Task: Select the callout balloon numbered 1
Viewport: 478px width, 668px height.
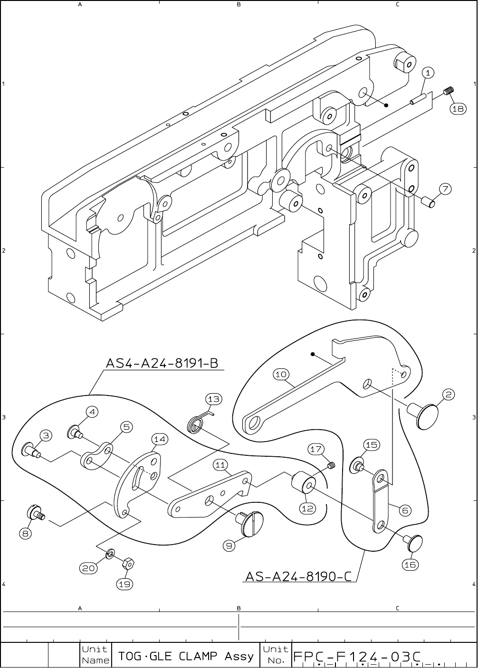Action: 428,73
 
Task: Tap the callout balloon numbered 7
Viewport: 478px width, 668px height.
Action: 444,189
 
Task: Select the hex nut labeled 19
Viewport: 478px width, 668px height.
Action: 127,564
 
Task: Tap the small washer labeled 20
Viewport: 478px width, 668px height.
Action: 110,554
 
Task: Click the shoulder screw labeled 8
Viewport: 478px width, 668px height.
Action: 36,514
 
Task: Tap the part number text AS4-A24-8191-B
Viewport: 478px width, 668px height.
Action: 162,363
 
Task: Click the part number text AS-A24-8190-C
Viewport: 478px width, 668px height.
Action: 298,576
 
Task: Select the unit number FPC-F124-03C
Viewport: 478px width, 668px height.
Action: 357,656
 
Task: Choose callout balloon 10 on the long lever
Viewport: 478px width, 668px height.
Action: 281,374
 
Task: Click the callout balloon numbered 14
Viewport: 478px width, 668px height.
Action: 160,439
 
